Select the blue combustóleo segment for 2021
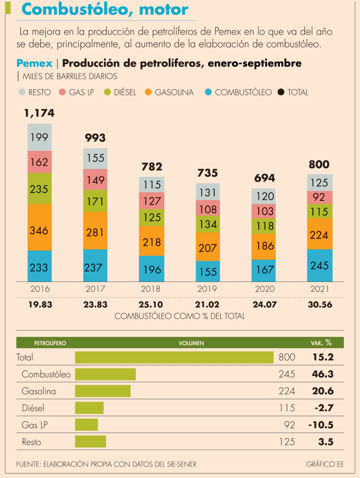pos(320,265)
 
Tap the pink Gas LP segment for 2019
pos(208,208)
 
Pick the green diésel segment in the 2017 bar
pos(95,201)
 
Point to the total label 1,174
pos(39,113)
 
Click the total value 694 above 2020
pos(264,178)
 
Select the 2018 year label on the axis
pos(152,289)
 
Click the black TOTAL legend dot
pos(280,92)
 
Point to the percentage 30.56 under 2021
pos(320,305)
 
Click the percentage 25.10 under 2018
pos(152,305)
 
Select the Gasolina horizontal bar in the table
pos(103,391)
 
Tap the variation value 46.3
pos(323,374)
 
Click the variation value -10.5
pos(321,425)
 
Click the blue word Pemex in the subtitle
pos(35,63)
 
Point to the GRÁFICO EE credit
pos(324,464)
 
